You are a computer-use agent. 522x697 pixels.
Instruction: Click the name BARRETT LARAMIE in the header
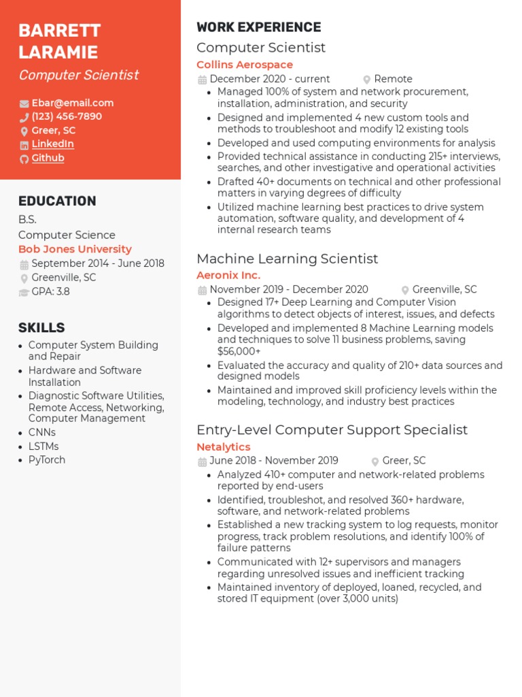(x=59, y=42)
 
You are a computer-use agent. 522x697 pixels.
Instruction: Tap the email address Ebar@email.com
(x=73, y=103)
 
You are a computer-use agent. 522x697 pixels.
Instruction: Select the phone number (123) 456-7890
(x=67, y=116)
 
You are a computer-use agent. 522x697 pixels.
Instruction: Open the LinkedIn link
(x=52, y=144)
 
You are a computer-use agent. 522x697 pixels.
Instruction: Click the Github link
(x=48, y=158)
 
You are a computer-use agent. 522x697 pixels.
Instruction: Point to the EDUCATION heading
(x=57, y=201)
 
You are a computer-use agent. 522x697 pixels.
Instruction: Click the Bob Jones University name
(x=75, y=249)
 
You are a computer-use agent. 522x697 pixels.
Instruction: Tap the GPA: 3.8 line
(x=50, y=291)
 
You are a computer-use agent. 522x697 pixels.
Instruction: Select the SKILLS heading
(x=41, y=327)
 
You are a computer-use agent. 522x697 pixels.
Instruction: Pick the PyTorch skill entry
(x=47, y=459)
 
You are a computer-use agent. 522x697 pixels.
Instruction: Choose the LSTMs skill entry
(x=43, y=446)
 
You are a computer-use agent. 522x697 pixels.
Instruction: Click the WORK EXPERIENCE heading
(x=258, y=27)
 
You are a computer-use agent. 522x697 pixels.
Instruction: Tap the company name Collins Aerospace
(x=245, y=65)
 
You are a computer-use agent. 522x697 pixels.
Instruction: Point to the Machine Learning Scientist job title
(x=287, y=259)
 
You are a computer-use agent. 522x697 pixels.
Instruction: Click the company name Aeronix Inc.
(x=228, y=275)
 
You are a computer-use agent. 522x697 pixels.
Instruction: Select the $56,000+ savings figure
(x=239, y=351)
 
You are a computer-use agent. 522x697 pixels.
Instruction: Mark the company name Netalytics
(x=224, y=447)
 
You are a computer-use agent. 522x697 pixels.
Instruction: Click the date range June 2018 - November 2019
(x=274, y=460)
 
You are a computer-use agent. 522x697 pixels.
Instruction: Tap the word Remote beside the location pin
(x=393, y=79)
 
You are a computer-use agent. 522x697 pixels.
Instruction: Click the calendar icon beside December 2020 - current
(x=202, y=80)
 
